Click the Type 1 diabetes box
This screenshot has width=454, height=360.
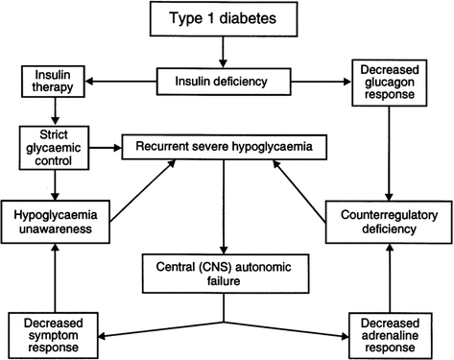227,19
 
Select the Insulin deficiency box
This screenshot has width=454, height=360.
227,82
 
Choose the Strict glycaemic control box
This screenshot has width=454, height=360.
46,149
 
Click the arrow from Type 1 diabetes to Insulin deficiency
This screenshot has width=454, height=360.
227,52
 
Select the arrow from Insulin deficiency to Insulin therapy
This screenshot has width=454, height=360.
115,82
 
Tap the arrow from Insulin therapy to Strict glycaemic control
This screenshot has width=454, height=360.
46,113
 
